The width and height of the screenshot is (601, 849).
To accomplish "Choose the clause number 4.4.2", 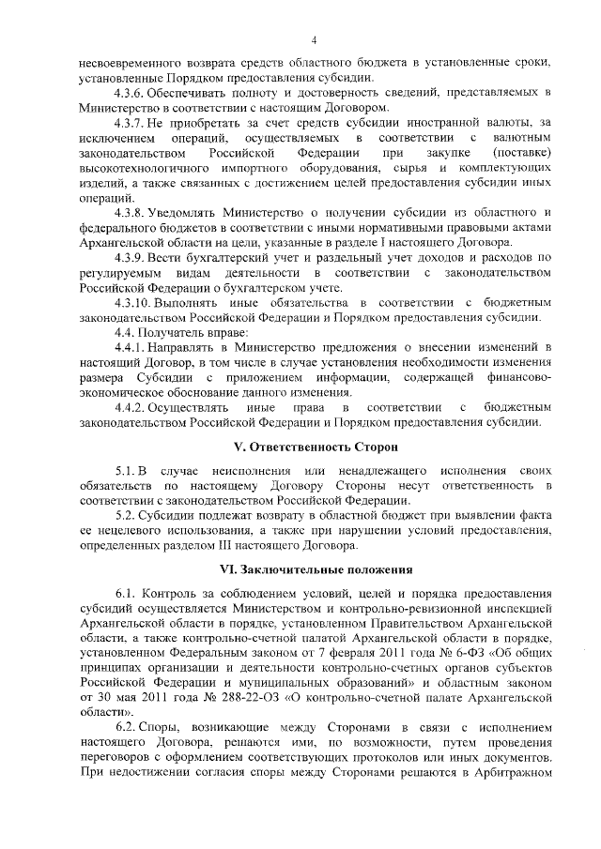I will pos(131,407).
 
